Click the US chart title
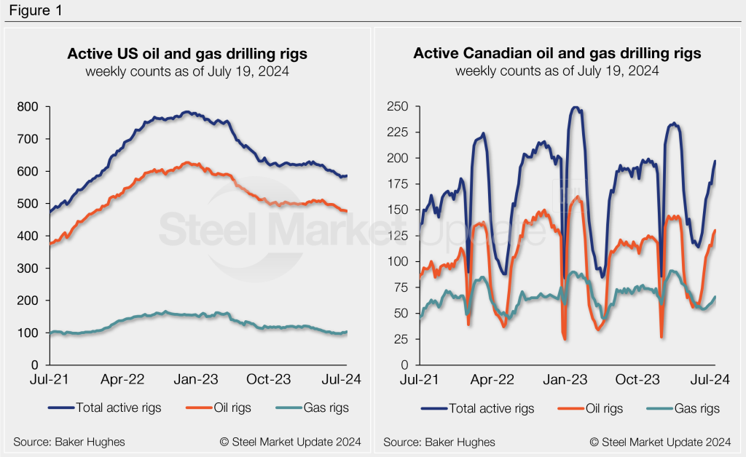click(x=186, y=54)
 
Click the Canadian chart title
click(x=557, y=54)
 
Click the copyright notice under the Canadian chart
click(x=660, y=442)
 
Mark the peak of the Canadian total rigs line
click(x=576, y=108)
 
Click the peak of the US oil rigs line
click(x=191, y=162)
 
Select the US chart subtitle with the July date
click(x=186, y=71)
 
